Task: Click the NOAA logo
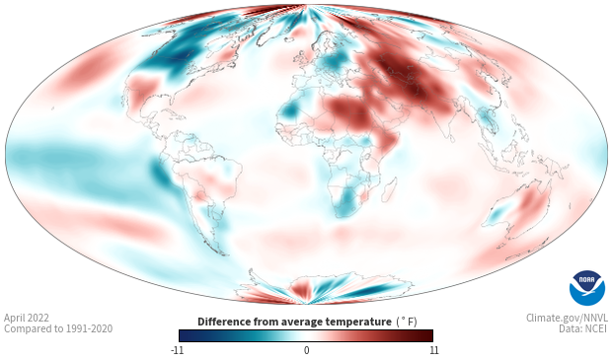587,288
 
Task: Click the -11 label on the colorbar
177,350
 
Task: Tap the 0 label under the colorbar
306,350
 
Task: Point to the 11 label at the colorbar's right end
434,350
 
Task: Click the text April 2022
27,318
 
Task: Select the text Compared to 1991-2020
58,328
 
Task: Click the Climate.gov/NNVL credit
567,318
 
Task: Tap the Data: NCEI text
583,328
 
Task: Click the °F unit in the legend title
407,323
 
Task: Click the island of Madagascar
390,189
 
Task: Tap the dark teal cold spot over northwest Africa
289,111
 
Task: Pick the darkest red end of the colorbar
428,335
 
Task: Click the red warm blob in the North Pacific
84,70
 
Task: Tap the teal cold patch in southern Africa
345,200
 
